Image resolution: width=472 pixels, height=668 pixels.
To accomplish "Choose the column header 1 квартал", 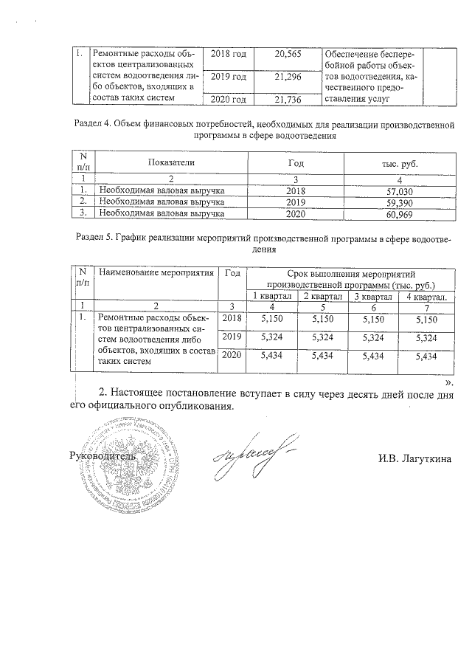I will [272, 296].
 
